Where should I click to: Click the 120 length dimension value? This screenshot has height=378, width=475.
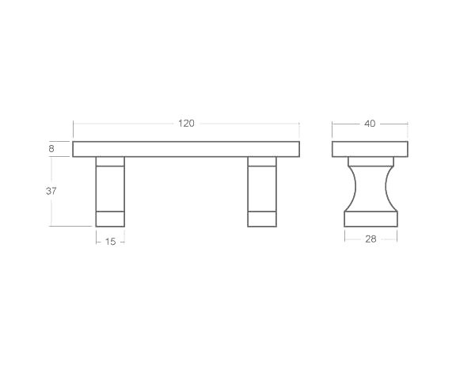[x=186, y=124]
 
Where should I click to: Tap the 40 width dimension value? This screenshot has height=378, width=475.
[x=370, y=124]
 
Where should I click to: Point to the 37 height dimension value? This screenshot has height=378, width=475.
[x=51, y=191]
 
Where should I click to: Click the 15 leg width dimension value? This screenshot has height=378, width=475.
[x=110, y=241]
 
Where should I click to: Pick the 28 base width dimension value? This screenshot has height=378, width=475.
[x=370, y=239]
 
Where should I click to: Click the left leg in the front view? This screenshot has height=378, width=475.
[x=110, y=190]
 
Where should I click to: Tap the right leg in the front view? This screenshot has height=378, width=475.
[x=262, y=190]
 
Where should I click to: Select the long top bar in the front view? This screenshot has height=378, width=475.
[x=186, y=149]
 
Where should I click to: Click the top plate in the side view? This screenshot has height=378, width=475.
[x=370, y=149]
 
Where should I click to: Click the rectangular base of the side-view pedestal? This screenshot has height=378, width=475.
[x=370, y=219]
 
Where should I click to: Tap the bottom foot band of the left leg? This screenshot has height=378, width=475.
[x=110, y=219]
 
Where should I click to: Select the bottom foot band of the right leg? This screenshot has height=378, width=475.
[x=262, y=219]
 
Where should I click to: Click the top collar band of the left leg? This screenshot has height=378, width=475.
[x=110, y=162]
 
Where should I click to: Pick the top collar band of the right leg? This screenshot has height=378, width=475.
[x=262, y=162]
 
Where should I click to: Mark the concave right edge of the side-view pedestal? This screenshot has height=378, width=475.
[x=386, y=188]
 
